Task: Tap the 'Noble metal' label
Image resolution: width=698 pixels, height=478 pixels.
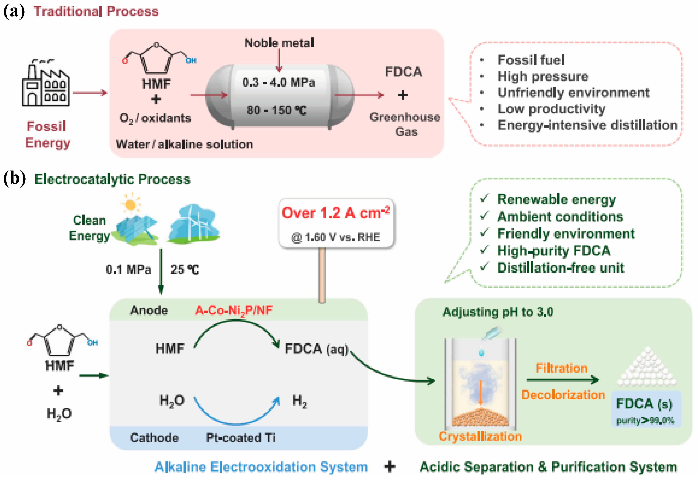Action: click(x=279, y=43)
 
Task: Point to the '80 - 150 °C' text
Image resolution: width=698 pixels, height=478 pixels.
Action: click(x=277, y=110)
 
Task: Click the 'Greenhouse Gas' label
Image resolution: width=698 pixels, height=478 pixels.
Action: click(x=405, y=124)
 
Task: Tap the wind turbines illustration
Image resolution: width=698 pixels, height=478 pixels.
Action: click(x=194, y=224)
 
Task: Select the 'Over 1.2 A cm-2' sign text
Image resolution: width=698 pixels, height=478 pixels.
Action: click(x=336, y=213)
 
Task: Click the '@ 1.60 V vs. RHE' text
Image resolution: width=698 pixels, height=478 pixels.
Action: click(x=336, y=237)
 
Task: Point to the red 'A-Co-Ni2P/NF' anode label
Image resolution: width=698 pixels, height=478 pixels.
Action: click(x=234, y=310)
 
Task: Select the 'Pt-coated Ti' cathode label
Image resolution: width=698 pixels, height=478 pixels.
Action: click(x=240, y=438)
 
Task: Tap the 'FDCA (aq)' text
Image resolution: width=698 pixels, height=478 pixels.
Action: click(x=316, y=349)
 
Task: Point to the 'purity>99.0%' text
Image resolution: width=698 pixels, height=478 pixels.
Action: click(x=645, y=420)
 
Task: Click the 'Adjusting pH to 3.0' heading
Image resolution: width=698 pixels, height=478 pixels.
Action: click(x=498, y=312)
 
